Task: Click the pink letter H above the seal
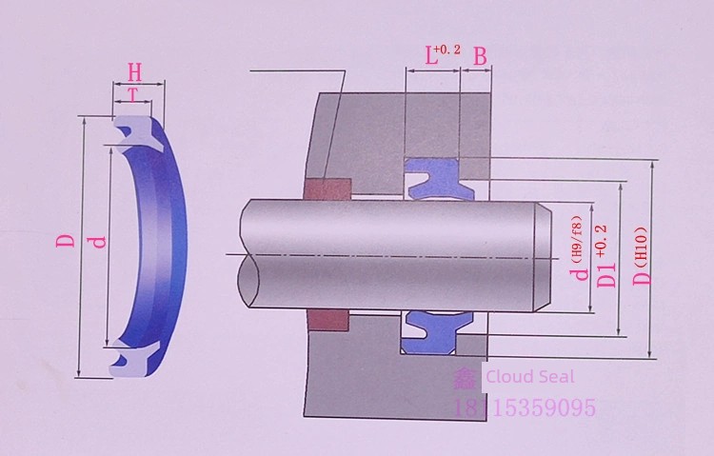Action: coord(134,73)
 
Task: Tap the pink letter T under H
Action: coord(133,95)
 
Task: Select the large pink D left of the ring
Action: coord(65,240)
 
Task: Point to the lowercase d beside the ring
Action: coord(98,242)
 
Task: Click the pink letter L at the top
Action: coord(430,56)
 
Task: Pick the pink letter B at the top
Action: coord(481,57)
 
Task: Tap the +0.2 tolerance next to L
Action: coord(447,50)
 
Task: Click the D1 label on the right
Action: coord(606,275)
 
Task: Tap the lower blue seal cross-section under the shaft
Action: coord(437,332)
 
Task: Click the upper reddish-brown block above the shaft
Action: coord(327,189)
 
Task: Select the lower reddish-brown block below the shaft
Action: coord(327,321)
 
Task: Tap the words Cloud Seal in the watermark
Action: coord(530,377)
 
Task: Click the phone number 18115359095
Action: coord(525,407)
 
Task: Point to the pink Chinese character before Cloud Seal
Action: coord(465,378)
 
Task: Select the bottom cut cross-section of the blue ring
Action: coord(136,359)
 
